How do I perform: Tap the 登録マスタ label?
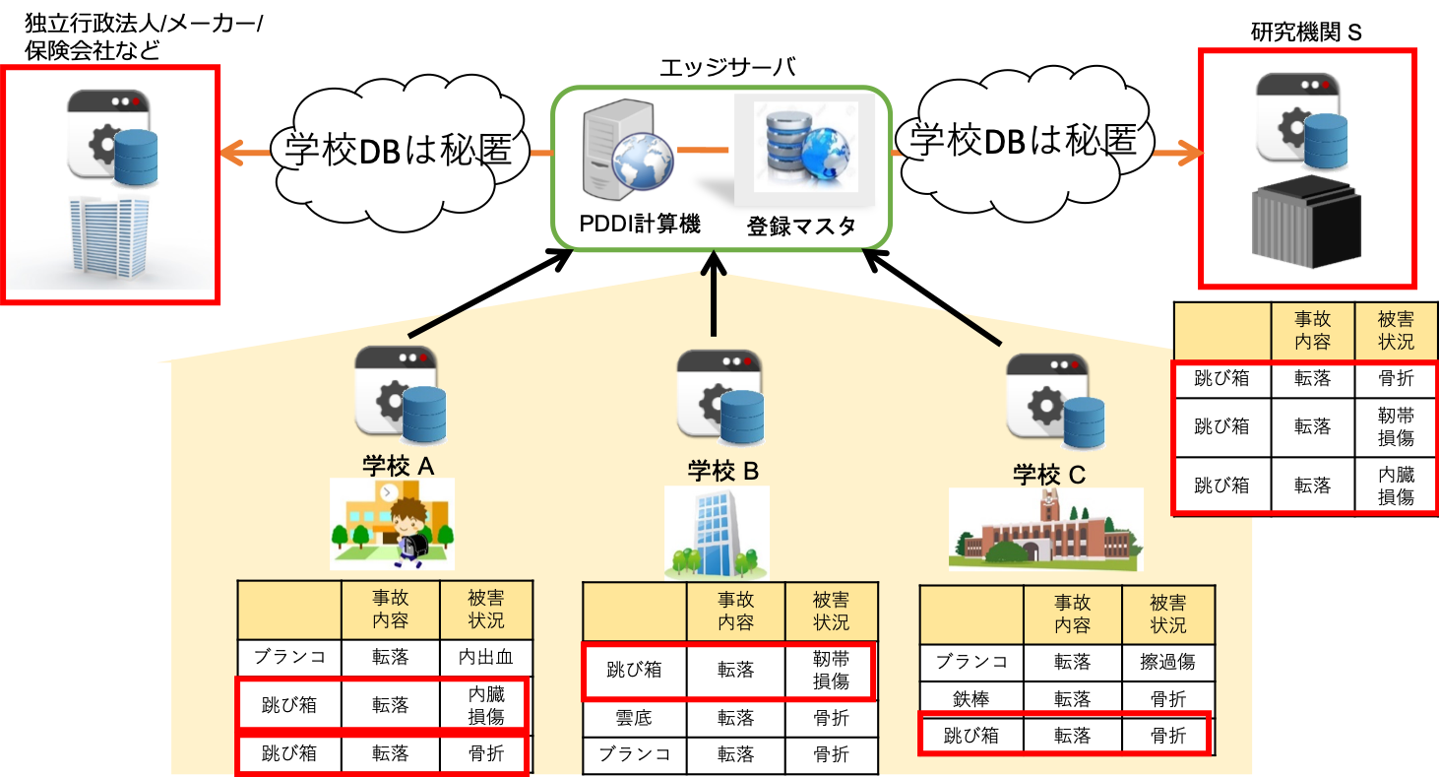click(800, 226)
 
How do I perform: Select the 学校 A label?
click(398, 465)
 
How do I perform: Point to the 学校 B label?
click(722, 471)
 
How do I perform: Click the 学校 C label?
click(1049, 475)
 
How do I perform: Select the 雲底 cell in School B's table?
click(634, 718)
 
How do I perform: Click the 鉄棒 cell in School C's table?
click(970, 699)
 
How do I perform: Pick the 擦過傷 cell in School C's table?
click(1167, 662)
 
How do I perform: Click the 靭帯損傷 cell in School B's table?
click(830, 670)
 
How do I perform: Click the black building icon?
click(1305, 224)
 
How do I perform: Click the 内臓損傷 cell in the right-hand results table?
click(1395, 486)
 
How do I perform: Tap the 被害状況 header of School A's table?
click(486, 610)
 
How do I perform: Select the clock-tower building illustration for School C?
click(1045, 529)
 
